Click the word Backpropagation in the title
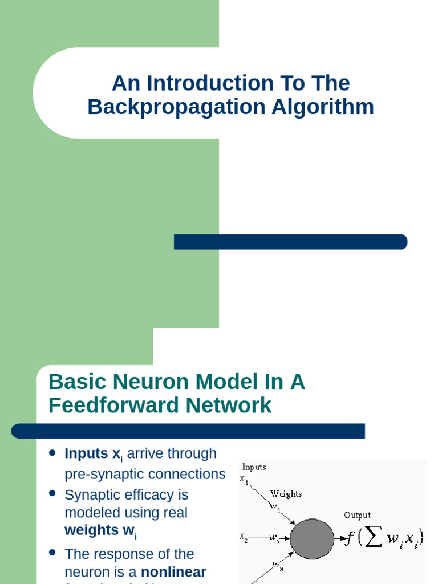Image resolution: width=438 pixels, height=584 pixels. coord(159,107)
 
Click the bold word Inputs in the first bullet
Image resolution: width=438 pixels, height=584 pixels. coord(86,453)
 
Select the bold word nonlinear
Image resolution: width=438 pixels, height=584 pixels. coord(173,572)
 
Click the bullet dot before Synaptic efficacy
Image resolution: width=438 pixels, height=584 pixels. coord(52,493)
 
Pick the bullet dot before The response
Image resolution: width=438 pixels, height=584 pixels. coord(52,552)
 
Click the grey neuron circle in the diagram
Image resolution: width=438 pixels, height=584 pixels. coord(312,539)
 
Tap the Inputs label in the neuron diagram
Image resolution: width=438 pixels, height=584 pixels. coord(254,467)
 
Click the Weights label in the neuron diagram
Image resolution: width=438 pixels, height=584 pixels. coord(286,494)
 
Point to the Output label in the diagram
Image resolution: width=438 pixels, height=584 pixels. coord(357,515)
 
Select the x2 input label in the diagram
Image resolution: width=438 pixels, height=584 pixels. coord(244,537)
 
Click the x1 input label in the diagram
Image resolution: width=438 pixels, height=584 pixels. coord(244,480)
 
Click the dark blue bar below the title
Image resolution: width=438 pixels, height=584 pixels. coord(290,242)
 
